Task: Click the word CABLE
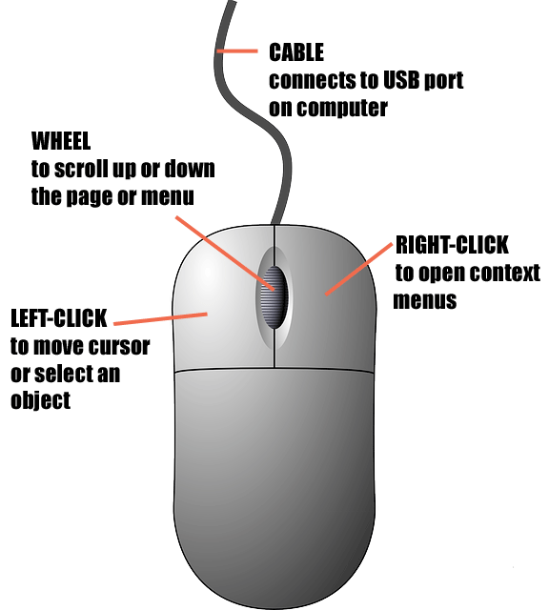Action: click(x=296, y=52)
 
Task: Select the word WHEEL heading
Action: click(x=61, y=141)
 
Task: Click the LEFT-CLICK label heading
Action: click(x=59, y=318)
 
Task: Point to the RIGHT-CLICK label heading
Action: click(x=452, y=245)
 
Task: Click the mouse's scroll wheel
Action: click(x=274, y=297)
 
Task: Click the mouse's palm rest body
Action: click(x=274, y=482)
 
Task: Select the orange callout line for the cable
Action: click(x=237, y=51)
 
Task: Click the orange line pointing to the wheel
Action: click(x=225, y=254)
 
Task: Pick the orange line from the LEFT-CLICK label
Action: click(x=160, y=318)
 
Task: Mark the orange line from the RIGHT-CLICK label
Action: click(x=358, y=269)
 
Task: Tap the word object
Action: click(x=40, y=400)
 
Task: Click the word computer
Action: click(x=342, y=108)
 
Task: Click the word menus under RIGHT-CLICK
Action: click(x=424, y=301)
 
